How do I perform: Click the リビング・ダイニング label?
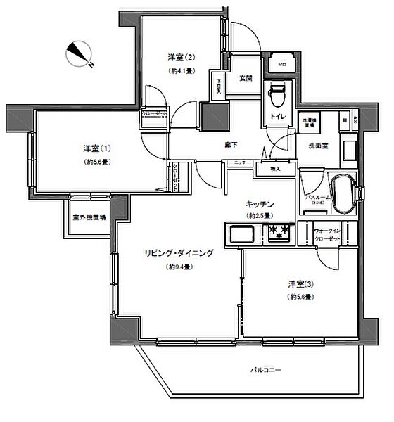[x=179, y=254]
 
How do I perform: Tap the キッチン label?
[x=259, y=203]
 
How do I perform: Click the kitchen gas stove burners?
[x=278, y=231]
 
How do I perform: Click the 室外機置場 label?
[x=89, y=217]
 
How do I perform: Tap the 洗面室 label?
[x=319, y=146]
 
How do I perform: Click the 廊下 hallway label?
[x=230, y=145]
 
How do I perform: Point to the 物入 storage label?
[x=275, y=169]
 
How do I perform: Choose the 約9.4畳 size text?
[x=180, y=267]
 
